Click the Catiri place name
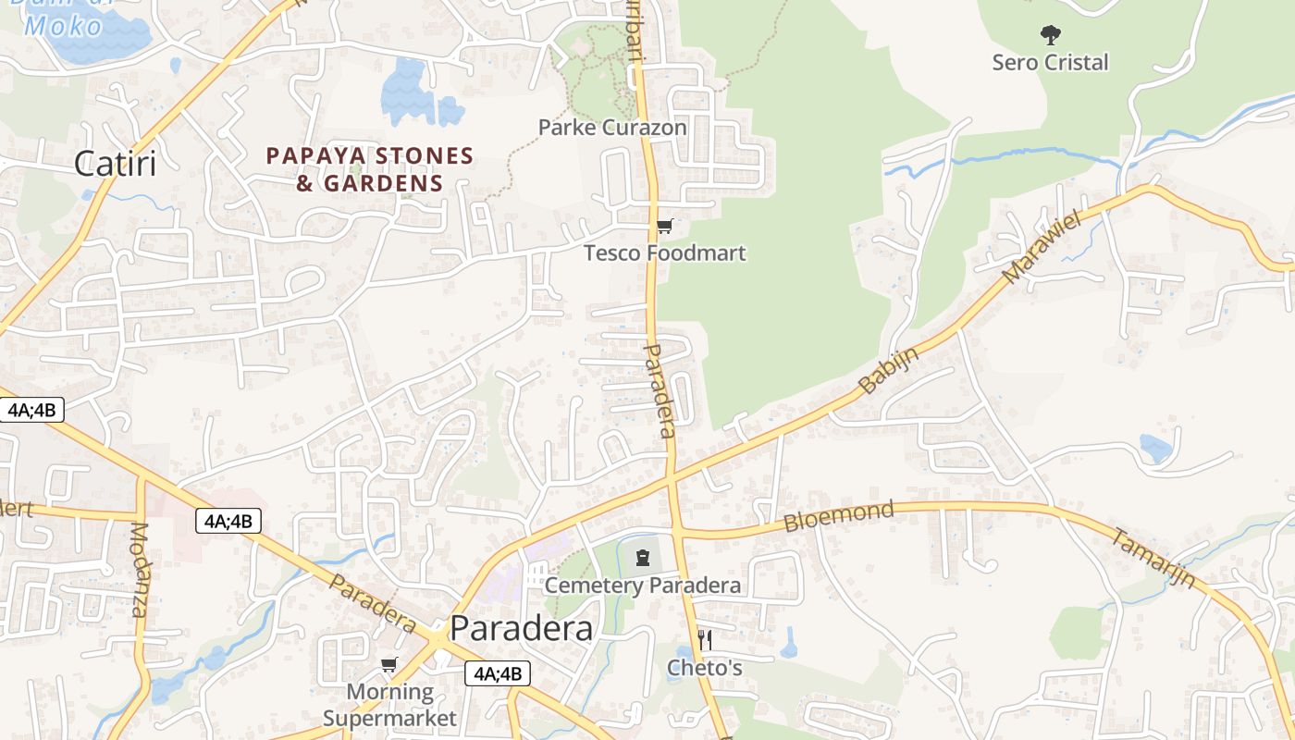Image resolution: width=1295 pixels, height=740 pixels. (x=115, y=163)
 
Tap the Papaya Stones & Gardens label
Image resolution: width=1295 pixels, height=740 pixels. (x=370, y=169)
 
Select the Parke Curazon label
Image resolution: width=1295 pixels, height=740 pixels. (x=612, y=128)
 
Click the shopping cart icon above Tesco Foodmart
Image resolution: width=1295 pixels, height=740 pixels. (x=664, y=226)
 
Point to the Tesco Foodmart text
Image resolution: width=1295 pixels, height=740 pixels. (x=664, y=253)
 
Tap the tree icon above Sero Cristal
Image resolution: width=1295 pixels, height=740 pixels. (x=1050, y=36)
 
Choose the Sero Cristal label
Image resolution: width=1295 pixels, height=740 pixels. (x=1050, y=63)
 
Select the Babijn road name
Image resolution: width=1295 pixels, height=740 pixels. (x=889, y=370)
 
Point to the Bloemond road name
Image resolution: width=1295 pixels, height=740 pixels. (x=839, y=516)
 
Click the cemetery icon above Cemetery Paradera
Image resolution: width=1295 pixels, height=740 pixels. (x=643, y=557)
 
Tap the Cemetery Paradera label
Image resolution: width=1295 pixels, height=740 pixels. (x=642, y=586)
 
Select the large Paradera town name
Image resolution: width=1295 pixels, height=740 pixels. (x=521, y=629)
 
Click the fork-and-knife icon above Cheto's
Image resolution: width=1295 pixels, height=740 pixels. (x=705, y=639)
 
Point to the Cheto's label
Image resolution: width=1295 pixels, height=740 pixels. (x=705, y=667)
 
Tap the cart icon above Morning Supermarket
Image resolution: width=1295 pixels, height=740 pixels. (x=389, y=665)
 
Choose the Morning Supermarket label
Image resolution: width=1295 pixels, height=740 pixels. (x=389, y=705)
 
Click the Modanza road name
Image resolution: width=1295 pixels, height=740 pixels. (x=139, y=570)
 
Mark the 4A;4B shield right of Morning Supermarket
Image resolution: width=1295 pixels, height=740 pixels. (x=498, y=674)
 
